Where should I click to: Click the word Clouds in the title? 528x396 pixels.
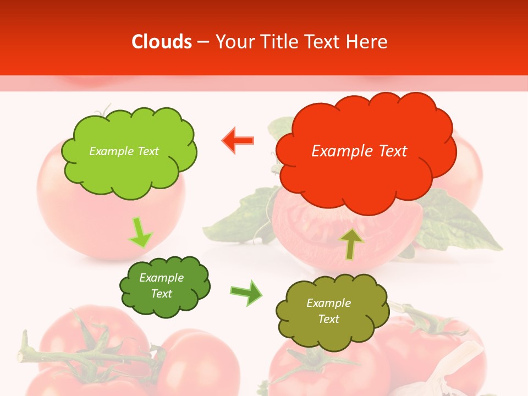tap(162, 42)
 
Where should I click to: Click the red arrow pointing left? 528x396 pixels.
tap(238, 141)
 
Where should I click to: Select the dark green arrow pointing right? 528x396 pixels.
tap(246, 293)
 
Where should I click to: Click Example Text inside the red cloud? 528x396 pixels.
tap(359, 151)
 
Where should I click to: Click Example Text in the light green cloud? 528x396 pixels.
tap(124, 151)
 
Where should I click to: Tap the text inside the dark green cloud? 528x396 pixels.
tap(161, 286)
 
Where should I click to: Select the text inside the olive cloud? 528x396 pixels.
tap(328, 311)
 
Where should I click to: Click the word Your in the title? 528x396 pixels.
tap(234, 42)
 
